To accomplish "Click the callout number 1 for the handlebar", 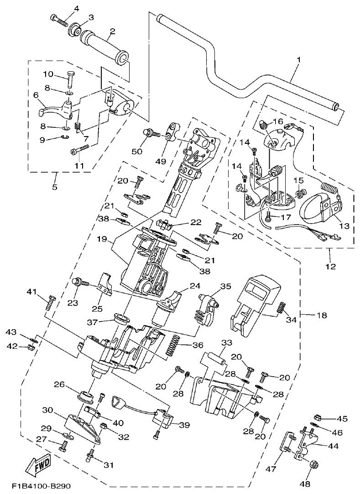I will pos(299,60).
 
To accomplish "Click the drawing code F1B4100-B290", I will pos(42,486).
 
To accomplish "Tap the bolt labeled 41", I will pos(50,303).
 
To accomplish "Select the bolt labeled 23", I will pos(81,283).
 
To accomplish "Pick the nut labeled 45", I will pos(318,417).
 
